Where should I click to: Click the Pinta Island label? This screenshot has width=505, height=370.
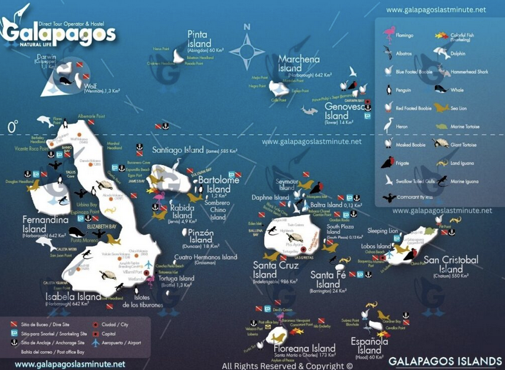(200, 39)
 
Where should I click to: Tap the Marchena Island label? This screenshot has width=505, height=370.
(299, 64)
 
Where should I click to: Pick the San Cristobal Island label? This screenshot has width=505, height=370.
(451, 264)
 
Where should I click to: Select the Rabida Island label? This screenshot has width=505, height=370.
(182, 211)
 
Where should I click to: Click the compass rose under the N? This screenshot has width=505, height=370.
(247, 48)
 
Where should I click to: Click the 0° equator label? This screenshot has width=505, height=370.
(12, 128)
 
